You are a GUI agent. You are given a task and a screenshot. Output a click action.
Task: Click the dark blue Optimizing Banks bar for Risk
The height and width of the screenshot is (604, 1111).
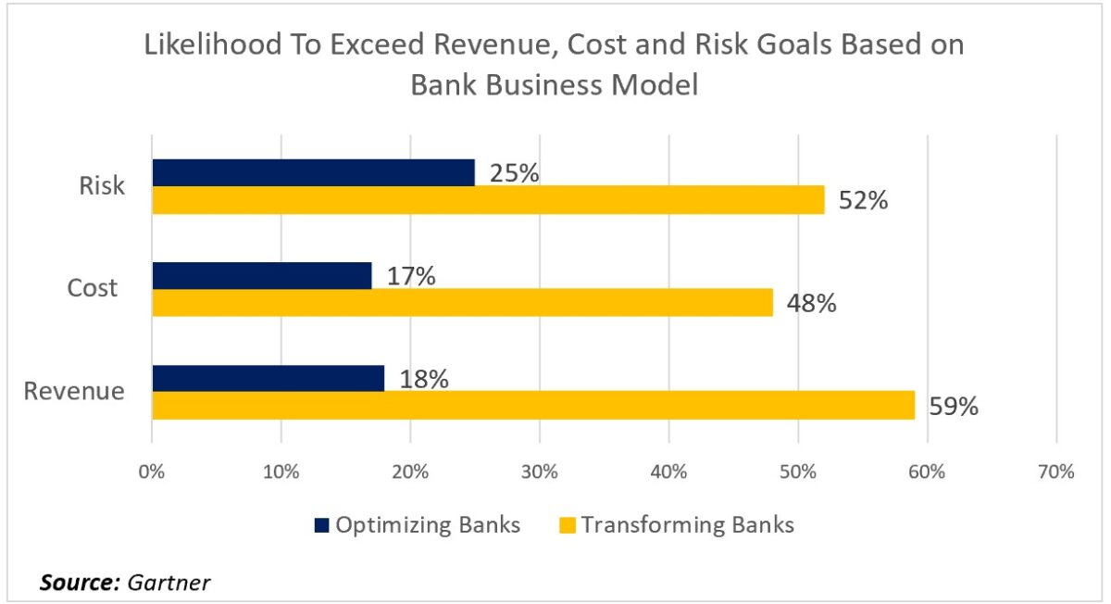[313, 172]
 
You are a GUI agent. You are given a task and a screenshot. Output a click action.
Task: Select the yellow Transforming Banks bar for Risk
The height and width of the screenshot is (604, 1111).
[488, 200]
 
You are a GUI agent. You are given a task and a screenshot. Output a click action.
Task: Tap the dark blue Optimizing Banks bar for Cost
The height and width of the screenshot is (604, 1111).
[261, 275]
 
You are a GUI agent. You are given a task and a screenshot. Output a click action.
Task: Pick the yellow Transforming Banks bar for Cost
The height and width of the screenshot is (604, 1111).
[462, 303]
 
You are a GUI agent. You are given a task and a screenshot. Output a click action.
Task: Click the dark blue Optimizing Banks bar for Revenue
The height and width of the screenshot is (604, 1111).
[268, 378]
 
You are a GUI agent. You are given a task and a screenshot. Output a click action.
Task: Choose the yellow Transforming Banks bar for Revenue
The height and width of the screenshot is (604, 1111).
[533, 405]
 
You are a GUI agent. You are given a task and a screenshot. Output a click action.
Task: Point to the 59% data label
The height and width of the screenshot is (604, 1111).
[954, 406]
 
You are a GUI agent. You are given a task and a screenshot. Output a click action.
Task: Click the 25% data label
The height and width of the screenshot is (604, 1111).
[515, 173]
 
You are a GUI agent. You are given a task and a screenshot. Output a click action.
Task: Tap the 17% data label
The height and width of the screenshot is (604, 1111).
[411, 276]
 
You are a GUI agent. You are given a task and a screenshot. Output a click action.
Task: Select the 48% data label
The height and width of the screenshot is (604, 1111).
[812, 303]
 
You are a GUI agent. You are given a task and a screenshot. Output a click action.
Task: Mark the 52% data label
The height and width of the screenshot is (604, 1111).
[864, 200]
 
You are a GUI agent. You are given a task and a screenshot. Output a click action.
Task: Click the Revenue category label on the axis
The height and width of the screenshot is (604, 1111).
[74, 391]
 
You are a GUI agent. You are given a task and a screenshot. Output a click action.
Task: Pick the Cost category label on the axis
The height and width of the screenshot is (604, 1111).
[93, 288]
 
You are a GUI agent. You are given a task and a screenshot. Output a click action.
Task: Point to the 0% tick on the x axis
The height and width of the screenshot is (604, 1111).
[151, 472]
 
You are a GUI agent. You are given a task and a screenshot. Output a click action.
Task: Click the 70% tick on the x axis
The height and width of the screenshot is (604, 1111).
[1055, 472]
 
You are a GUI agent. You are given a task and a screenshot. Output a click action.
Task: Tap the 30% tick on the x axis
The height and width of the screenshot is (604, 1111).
[539, 472]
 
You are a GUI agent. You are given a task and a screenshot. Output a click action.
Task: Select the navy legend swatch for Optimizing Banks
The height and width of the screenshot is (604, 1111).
[322, 525]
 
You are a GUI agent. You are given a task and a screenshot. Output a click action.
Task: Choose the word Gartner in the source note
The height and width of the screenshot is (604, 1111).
[169, 583]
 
